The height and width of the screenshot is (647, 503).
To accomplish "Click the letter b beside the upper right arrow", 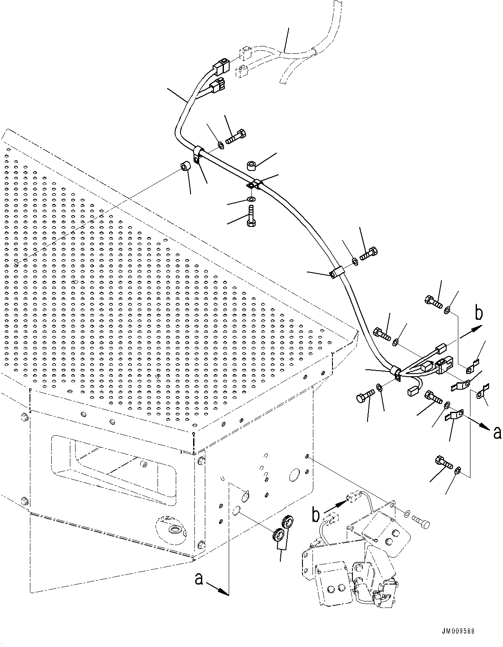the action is click(x=479, y=313).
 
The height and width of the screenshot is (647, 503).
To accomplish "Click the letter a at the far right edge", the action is click(x=497, y=433).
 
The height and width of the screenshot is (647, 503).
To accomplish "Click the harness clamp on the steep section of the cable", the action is click(x=336, y=273).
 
